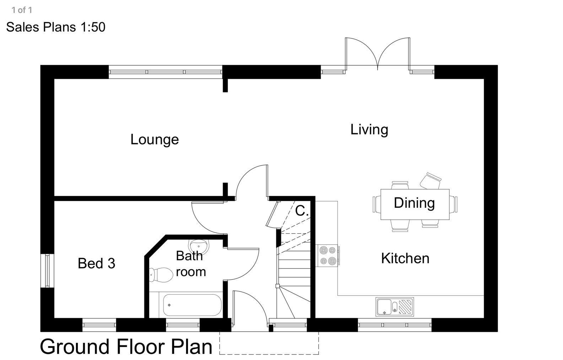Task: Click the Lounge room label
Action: (155, 139)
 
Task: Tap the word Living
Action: (369, 130)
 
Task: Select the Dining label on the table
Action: (414, 203)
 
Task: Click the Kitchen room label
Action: (405, 258)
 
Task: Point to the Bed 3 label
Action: (96, 263)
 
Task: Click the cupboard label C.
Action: (302, 211)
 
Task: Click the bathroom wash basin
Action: (199, 245)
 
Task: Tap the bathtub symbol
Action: (192, 305)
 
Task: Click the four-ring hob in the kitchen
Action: (327, 256)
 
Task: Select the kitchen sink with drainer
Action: (394, 307)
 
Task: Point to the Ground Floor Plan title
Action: (126, 347)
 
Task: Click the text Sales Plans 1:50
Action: (56, 27)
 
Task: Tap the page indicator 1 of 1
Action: (22, 10)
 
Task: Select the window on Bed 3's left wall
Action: (47, 271)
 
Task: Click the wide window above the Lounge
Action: (166, 72)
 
